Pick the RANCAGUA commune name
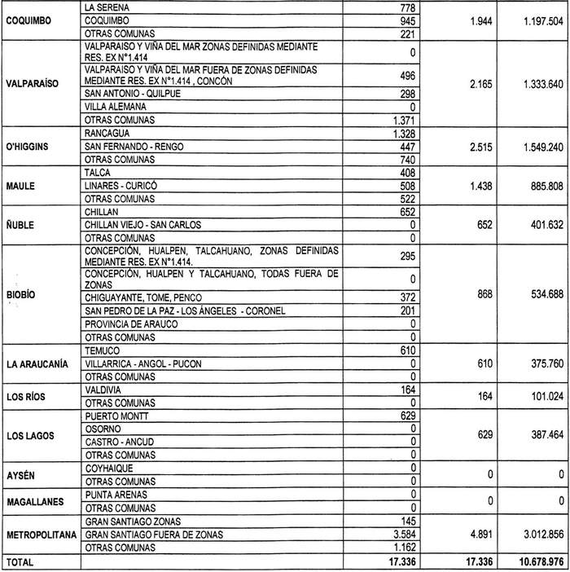pos(109,133)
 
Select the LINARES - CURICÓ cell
pos(121,186)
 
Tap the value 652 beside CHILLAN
pos(406,212)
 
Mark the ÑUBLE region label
pos(21,225)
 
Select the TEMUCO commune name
pos(103,350)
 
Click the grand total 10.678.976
pos(529,561)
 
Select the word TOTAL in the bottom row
pos(20,561)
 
